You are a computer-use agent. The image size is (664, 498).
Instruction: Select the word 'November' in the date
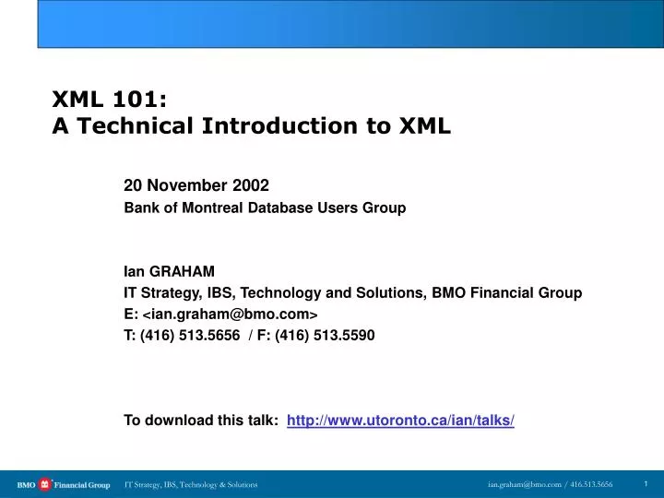(x=189, y=185)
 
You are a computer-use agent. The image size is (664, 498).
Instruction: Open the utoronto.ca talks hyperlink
(x=400, y=421)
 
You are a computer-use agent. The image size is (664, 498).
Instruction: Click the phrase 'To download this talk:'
(x=201, y=421)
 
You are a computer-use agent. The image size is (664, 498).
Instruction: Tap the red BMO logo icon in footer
(x=45, y=484)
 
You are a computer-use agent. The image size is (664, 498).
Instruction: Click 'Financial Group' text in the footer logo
(x=82, y=484)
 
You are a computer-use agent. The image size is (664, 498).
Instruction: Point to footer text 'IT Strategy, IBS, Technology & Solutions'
(x=191, y=484)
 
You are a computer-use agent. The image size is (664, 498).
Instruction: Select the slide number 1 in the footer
(x=646, y=483)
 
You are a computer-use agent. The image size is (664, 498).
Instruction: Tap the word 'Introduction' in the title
(x=277, y=126)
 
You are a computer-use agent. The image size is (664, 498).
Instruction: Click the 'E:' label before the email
(x=131, y=314)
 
